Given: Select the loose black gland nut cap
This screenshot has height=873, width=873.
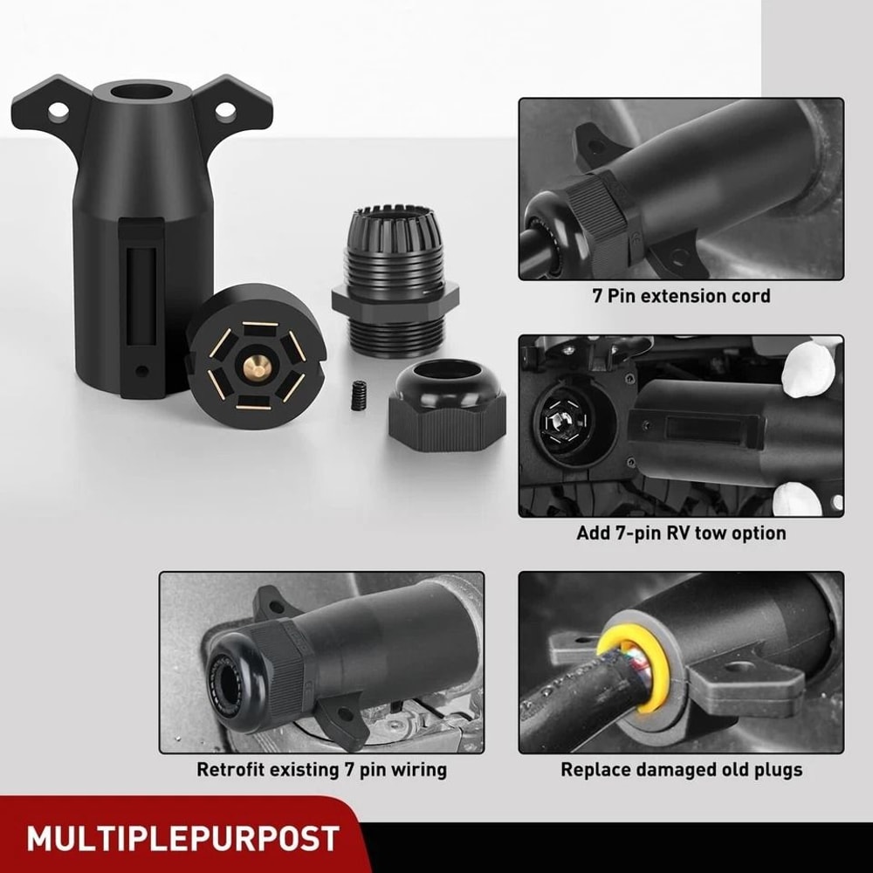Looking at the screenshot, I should click(x=448, y=408).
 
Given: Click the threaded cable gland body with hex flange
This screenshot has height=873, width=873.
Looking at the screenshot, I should click(x=395, y=279).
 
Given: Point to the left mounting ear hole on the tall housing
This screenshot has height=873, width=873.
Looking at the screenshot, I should click(x=58, y=111).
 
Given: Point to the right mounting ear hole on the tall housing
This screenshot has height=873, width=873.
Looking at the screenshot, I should click(x=225, y=111).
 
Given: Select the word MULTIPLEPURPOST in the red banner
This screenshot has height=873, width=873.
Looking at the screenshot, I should click(x=182, y=839).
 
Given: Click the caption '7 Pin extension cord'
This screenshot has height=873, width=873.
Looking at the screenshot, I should click(x=681, y=296).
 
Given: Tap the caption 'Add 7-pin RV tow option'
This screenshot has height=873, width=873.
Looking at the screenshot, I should click(x=681, y=533).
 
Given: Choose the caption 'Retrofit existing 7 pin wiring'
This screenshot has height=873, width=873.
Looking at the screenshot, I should click(x=321, y=770).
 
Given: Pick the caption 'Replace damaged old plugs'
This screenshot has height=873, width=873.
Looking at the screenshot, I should click(x=681, y=770).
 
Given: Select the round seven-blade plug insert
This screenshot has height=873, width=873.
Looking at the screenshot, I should click(x=255, y=359).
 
